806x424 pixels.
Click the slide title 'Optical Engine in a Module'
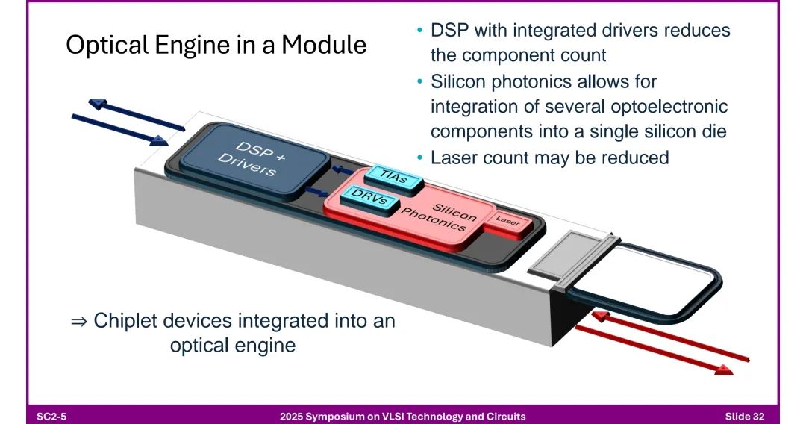(216, 45)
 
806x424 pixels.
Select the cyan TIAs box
(395, 175)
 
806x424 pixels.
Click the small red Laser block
(508, 222)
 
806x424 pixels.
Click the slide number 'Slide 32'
(744, 416)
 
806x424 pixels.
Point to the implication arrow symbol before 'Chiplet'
(78, 322)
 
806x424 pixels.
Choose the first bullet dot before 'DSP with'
(419, 31)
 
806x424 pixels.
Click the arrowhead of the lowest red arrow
(722, 370)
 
